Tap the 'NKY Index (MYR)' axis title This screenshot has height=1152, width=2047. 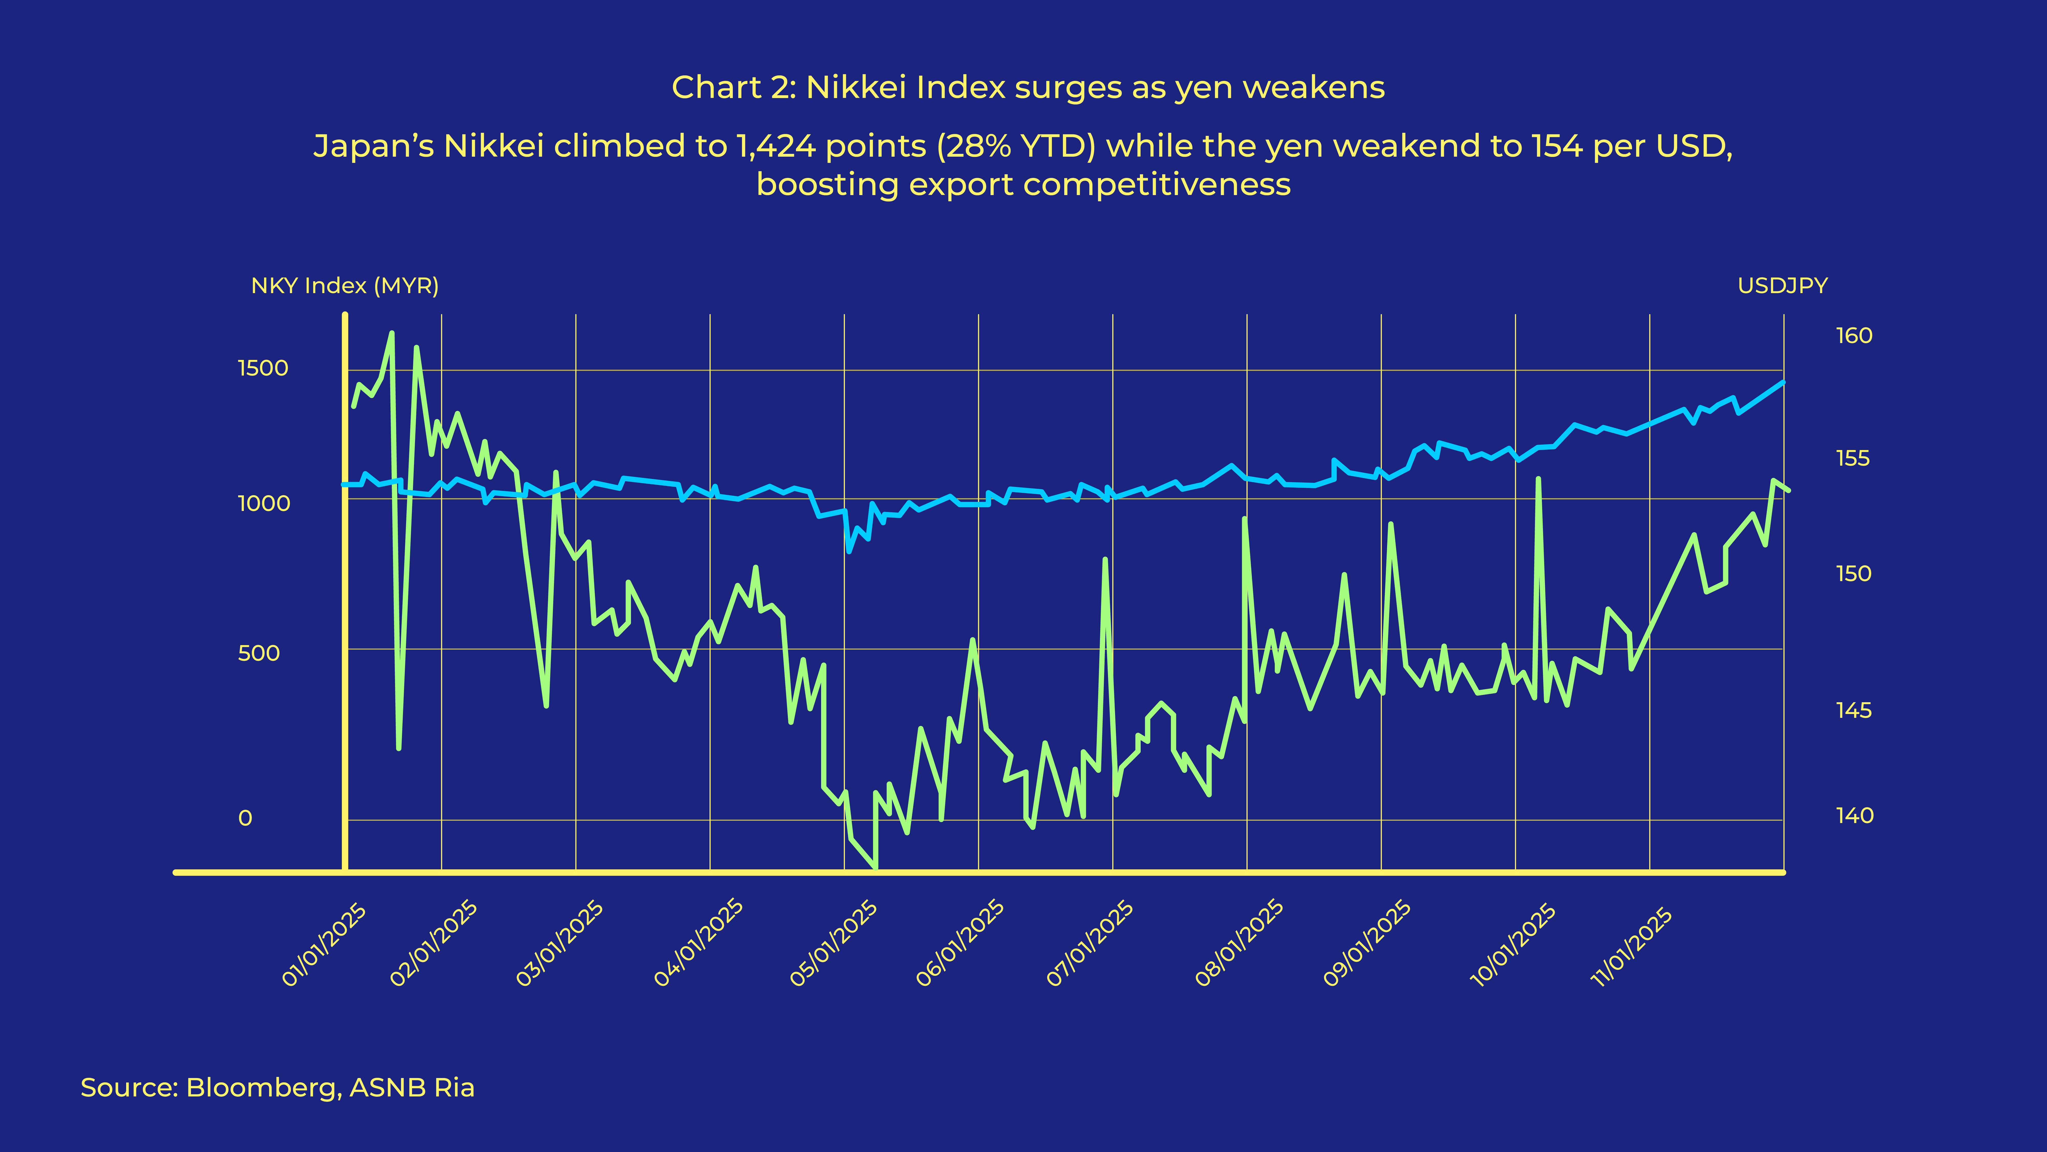345,285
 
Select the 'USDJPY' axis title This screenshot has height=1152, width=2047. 1782,285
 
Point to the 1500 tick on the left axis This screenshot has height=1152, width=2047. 263,368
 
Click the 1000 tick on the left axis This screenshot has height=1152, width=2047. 264,503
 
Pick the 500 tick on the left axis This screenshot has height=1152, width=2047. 259,654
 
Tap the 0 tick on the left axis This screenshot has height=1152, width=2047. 246,818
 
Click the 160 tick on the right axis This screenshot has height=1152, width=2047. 1854,336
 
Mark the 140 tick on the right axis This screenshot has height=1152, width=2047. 1854,816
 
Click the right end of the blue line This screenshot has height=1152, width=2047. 1783,382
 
